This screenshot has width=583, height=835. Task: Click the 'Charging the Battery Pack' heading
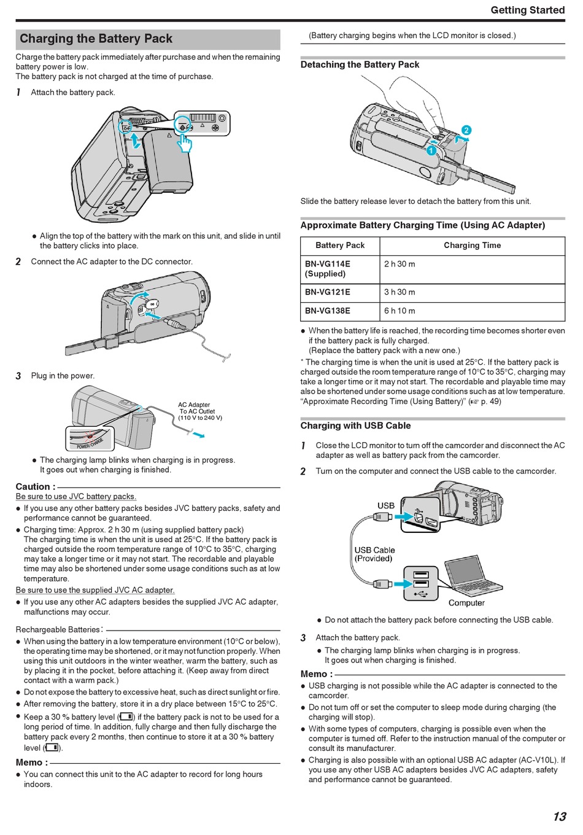(x=96, y=39)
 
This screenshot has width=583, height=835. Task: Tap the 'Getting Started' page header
(x=527, y=10)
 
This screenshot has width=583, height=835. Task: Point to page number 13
(x=558, y=816)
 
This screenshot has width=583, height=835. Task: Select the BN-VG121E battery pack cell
(x=328, y=292)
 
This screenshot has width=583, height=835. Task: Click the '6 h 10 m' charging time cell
(x=400, y=311)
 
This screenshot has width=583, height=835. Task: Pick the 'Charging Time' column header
(x=472, y=246)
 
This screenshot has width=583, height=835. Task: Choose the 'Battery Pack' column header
(x=340, y=246)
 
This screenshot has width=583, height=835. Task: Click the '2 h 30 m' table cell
(x=400, y=264)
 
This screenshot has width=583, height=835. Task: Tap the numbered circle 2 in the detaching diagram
(x=466, y=130)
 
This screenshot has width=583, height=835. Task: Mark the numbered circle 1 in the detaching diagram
(x=431, y=150)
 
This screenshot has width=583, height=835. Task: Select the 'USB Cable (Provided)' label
(x=374, y=554)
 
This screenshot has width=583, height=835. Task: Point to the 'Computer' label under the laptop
(x=466, y=603)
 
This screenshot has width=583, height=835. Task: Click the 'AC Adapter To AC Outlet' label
(x=199, y=411)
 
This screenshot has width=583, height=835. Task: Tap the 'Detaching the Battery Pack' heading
(x=360, y=64)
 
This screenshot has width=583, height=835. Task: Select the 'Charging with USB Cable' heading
(x=355, y=425)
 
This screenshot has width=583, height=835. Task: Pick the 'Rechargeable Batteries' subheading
(x=58, y=629)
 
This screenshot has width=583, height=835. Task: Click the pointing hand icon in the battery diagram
(x=184, y=143)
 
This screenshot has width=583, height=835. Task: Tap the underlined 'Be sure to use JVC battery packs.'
(x=76, y=497)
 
